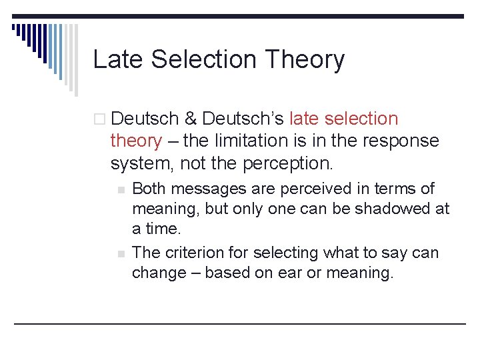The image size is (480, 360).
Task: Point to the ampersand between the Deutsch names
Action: point(190,119)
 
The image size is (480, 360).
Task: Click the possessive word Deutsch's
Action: point(243,119)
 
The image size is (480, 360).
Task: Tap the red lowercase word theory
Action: point(135,141)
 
